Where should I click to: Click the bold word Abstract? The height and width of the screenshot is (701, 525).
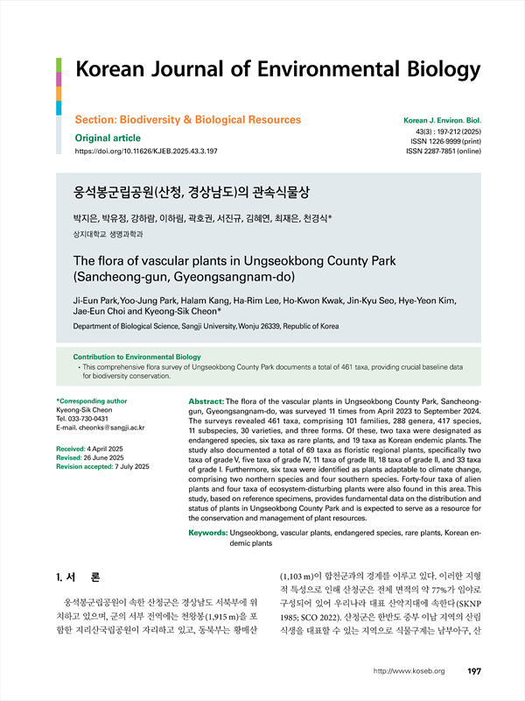206,400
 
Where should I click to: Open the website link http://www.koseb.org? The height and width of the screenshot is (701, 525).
409,672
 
